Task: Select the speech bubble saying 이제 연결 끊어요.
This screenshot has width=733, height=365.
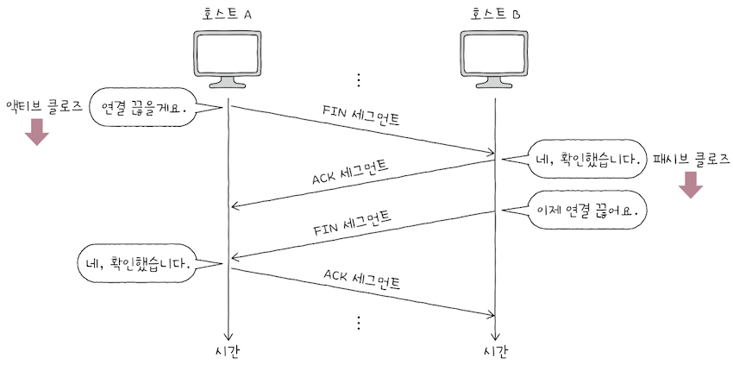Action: [x=586, y=210]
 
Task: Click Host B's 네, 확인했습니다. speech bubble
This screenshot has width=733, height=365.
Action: [x=586, y=159]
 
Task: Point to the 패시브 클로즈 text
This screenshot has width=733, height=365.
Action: [x=691, y=159]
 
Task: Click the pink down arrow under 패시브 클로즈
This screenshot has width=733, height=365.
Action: [x=691, y=185]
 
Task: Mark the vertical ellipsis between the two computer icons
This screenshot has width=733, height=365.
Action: [x=359, y=79]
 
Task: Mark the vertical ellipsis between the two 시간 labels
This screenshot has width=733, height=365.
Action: [x=359, y=324]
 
